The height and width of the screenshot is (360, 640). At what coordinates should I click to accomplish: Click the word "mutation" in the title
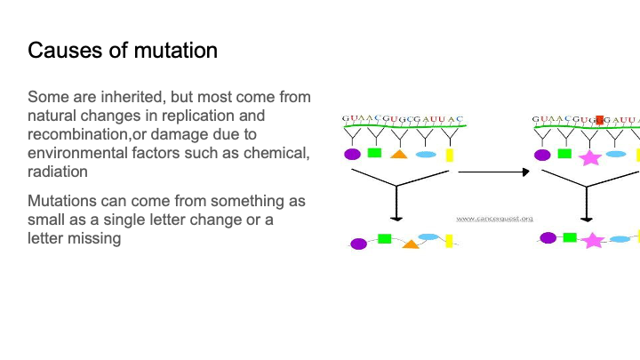(175, 50)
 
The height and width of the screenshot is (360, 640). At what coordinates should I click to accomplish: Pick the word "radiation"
(58, 172)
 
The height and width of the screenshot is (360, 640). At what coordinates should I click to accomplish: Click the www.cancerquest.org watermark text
(494, 218)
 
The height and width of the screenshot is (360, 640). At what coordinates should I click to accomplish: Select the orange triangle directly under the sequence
(399, 155)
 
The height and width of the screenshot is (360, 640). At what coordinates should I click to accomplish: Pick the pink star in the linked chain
(593, 240)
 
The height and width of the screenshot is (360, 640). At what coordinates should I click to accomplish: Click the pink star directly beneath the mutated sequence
(589, 157)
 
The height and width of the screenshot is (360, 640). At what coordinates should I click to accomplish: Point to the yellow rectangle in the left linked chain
(450, 240)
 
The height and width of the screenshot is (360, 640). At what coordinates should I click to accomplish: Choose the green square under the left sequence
(374, 153)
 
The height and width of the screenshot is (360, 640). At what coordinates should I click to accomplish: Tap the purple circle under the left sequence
(353, 154)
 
